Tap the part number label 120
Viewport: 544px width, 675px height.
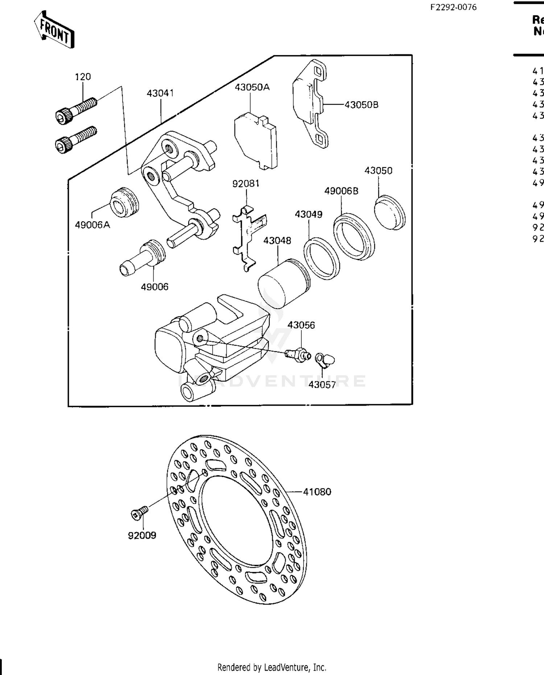(83, 77)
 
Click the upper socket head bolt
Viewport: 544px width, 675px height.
(76, 109)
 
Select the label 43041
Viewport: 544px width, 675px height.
(160, 93)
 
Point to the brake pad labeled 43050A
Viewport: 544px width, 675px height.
(255, 141)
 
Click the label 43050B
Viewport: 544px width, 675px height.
(361, 105)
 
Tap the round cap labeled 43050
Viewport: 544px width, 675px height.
(389, 213)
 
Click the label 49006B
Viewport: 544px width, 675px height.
(341, 191)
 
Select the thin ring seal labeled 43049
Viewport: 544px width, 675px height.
(321, 258)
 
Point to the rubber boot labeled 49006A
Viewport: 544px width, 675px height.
(124, 203)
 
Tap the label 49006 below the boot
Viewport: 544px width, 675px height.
(154, 287)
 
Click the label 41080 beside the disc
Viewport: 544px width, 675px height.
(317, 492)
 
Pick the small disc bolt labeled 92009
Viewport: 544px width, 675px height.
(139, 513)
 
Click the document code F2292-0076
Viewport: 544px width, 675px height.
(453, 7)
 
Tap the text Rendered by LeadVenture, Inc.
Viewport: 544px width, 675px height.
(272, 667)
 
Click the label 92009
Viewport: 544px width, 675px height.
(142, 535)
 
